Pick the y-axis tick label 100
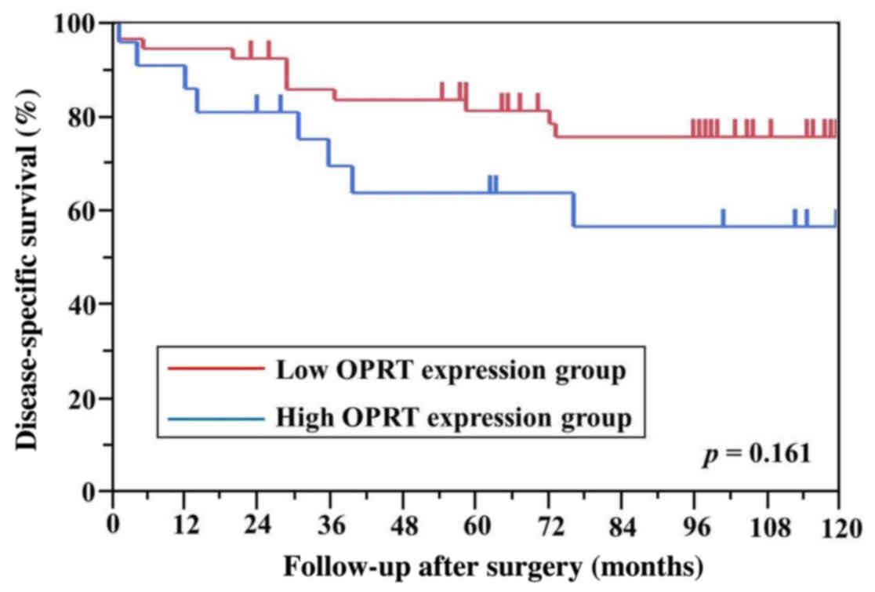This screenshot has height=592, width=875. pos(79,24)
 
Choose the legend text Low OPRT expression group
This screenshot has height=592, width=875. pos(451,369)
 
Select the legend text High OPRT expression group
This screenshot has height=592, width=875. pos(453,418)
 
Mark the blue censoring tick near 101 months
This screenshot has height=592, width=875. pos(723,218)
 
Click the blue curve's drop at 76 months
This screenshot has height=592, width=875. pos(574,209)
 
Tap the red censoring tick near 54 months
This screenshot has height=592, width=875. pos(441,91)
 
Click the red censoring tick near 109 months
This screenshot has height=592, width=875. pos(771,128)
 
